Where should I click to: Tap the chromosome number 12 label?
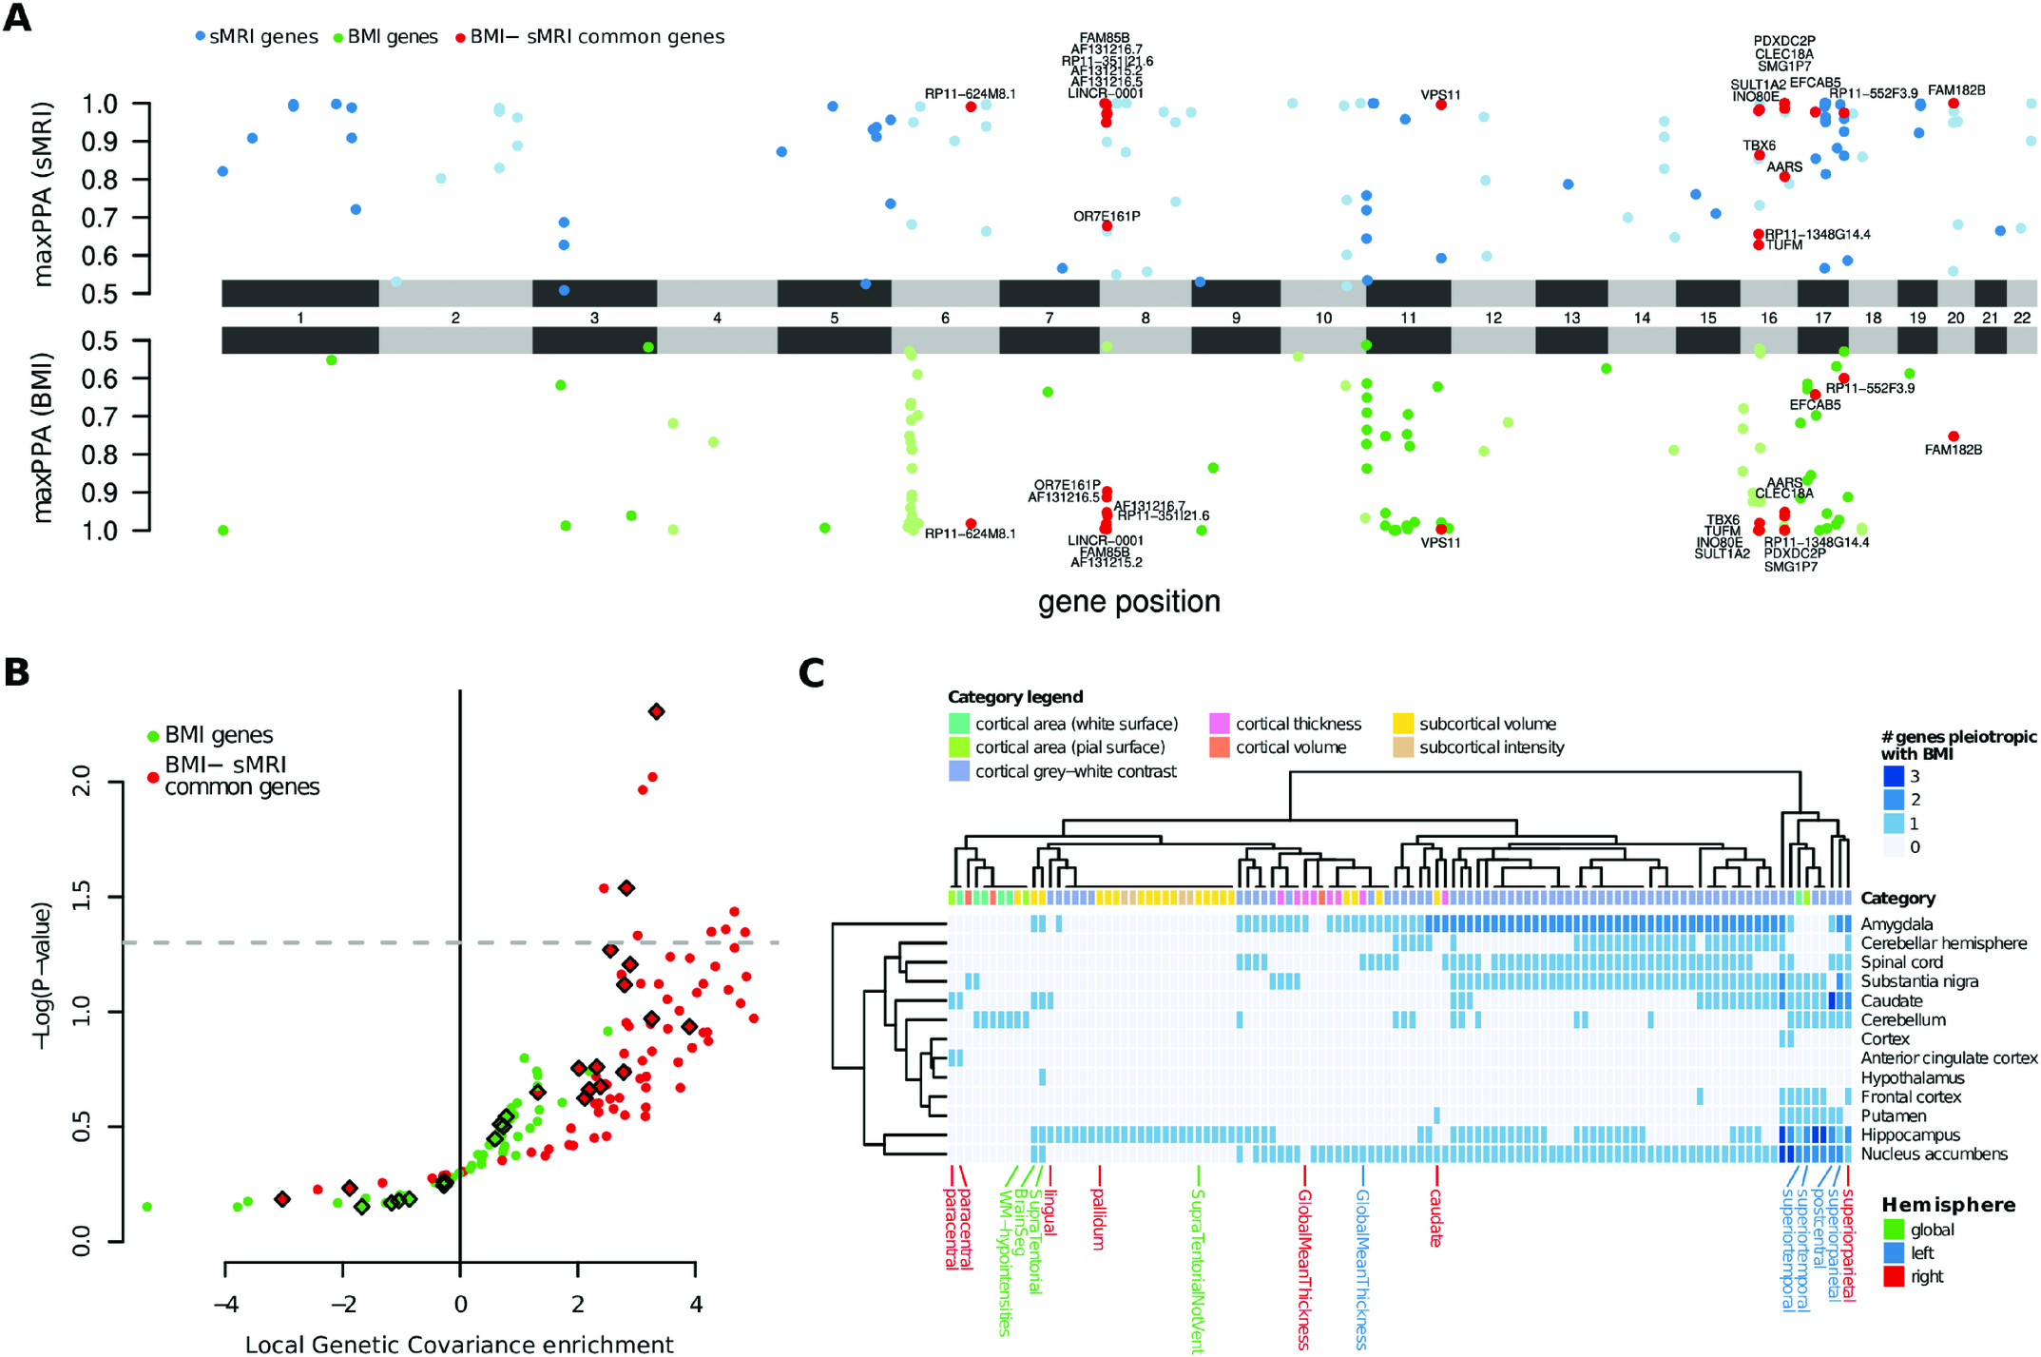coord(1493,318)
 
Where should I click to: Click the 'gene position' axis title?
coord(1128,602)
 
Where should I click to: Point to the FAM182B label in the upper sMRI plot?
coord(1956,90)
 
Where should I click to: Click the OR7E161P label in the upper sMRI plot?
coord(1107,216)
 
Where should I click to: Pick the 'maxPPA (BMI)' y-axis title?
coord(43,436)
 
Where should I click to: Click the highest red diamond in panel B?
coord(656,711)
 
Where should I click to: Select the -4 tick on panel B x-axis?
coord(225,1303)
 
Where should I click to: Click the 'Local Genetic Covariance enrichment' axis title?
coord(459,1344)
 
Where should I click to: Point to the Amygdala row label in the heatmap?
coord(1897,924)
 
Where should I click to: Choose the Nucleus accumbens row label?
coord(1934,1153)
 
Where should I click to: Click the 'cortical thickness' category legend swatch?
coord(1220,724)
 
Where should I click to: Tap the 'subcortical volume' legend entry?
coord(1487,724)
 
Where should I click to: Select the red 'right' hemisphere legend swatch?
coord(1894,1276)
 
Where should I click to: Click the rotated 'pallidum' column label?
coord(1099,1219)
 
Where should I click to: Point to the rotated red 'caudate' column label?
coord(1435,1218)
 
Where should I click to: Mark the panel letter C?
coord(811,673)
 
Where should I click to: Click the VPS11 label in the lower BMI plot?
coord(1440,543)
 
